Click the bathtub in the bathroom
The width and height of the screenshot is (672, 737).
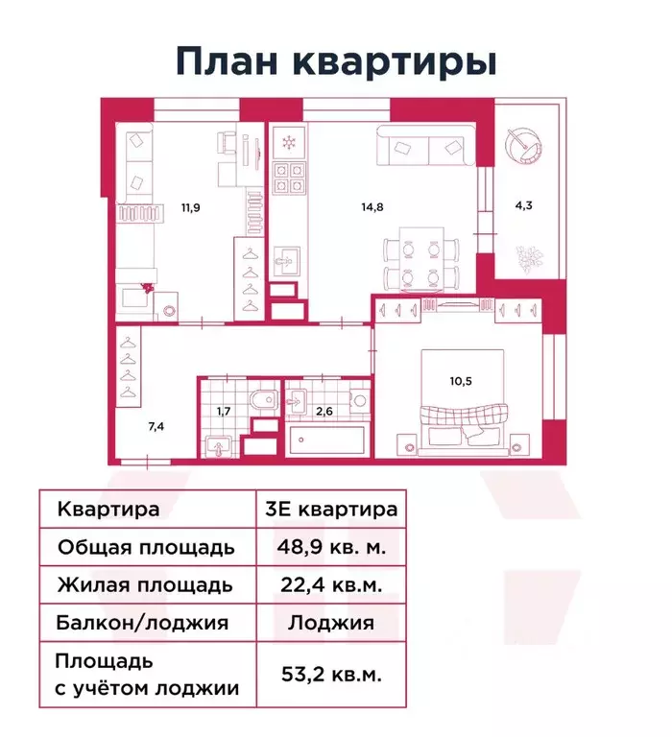(327, 443)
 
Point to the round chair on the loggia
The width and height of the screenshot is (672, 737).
(524, 144)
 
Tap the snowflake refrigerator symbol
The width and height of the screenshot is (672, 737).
(287, 142)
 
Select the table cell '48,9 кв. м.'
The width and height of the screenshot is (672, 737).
(330, 548)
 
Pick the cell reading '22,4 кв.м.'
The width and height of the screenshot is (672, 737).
(330, 584)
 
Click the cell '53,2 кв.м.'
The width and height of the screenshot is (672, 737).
(330, 675)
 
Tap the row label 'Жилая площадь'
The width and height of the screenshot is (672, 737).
(145, 584)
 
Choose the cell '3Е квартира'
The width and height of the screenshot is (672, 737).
(330, 510)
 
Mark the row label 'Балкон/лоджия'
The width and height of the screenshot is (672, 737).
(143, 622)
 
